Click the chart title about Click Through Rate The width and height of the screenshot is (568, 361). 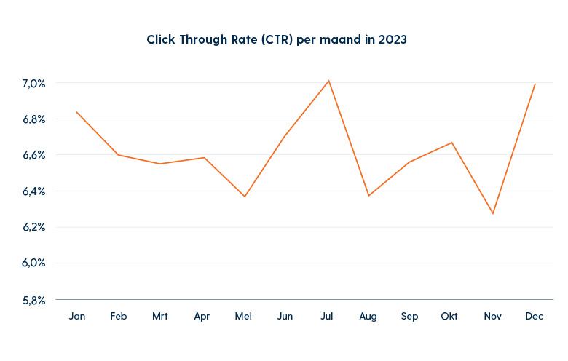(x=277, y=40)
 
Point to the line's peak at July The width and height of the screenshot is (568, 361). (x=329, y=80)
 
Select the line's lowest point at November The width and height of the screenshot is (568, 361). (x=493, y=213)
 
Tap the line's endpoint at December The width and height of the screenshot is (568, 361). (x=535, y=83)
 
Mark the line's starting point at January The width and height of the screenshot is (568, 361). (x=76, y=112)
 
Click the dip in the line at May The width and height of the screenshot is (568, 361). (x=245, y=197)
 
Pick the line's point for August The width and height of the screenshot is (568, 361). (x=369, y=196)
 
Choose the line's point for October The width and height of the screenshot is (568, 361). (x=452, y=142)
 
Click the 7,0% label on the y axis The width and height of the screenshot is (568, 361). (x=33, y=84)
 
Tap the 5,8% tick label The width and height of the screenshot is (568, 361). (x=33, y=299)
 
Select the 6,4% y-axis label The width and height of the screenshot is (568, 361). (x=33, y=191)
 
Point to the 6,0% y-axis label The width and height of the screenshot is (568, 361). (x=33, y=263)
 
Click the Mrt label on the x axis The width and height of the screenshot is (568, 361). (x=160, y=317)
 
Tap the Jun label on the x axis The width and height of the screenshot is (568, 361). (x=285, y=317)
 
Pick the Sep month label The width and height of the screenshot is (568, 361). (x=410, y=317)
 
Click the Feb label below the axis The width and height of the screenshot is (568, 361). (x=118, y=317)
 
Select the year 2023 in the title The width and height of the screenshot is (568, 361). (x=392, y=40)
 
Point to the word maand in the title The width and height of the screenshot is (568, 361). (x=341, y=40)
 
